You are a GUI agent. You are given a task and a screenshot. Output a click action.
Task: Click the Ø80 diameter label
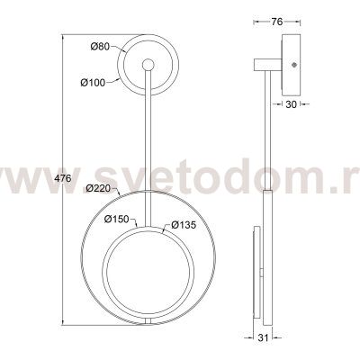[100, 47]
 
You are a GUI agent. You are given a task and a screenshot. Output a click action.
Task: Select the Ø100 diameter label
[93, 83]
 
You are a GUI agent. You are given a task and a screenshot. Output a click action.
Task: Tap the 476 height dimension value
[62, 178]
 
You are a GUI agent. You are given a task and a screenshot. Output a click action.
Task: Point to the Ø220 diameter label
[98, 188]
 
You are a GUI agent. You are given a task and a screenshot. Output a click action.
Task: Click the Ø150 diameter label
[117, 220]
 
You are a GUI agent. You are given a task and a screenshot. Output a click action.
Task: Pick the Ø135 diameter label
[184, 224]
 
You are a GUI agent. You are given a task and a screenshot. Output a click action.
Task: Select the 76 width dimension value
[277, 22]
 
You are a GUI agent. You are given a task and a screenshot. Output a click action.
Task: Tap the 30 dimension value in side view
[291, 104]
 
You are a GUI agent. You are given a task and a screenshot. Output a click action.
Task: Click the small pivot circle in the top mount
[148, 65]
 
